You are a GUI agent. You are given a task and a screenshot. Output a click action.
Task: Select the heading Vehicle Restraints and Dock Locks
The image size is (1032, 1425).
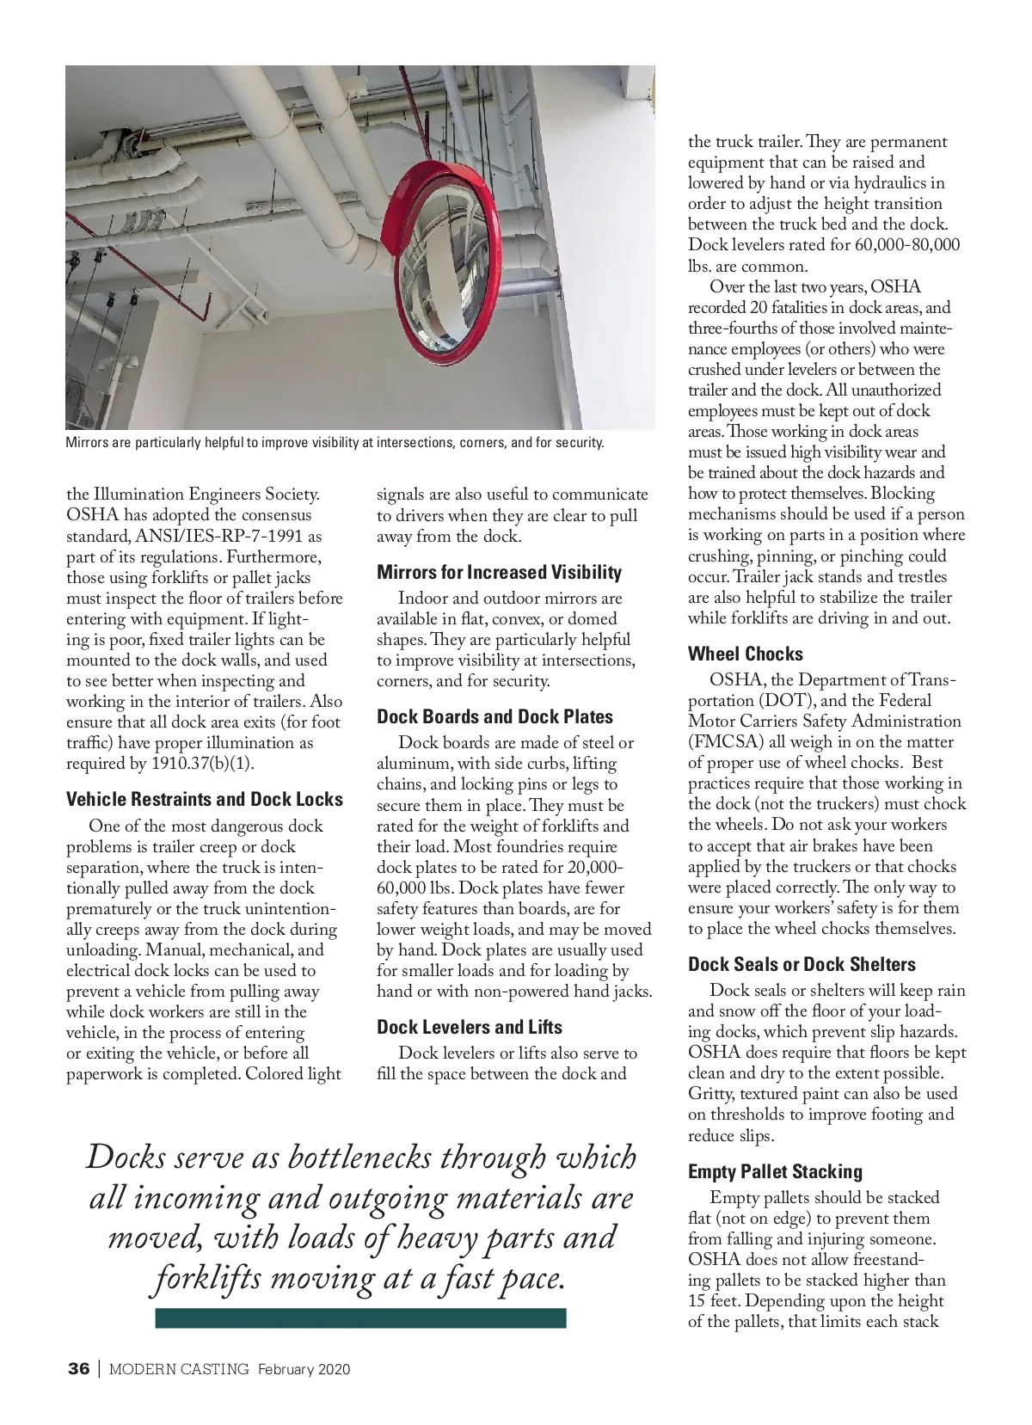click(204, 799)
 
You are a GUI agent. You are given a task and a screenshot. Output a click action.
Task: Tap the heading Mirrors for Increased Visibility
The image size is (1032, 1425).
click(499, 572)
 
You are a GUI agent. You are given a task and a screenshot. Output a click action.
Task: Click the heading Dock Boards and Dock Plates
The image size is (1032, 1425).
click(494, 716)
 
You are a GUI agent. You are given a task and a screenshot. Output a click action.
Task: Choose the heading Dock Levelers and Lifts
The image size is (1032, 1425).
click(469, 1027)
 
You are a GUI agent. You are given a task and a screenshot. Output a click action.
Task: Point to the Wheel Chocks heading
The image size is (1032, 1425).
click(745, 654)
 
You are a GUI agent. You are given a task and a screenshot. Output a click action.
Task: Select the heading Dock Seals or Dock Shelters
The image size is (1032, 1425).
click(802, 964)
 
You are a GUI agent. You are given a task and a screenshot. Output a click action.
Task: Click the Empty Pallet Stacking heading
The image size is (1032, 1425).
click(774, 1171)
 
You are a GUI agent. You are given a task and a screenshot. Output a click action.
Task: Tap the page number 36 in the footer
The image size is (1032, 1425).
click(78, 1369)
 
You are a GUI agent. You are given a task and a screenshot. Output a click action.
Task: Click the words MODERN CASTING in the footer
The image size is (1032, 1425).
click(179, 1369)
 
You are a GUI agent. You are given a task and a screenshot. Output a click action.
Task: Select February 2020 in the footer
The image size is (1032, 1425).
click(304, 1369)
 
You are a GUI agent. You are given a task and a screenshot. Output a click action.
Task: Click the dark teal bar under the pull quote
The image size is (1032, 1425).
click(360, 1318)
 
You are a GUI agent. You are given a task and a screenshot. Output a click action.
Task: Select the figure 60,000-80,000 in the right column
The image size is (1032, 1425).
click(907, 245)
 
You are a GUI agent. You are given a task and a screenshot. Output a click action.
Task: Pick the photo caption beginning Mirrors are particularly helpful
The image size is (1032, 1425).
click(335, 444)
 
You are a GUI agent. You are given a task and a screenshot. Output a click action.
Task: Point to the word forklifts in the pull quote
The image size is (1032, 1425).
click(206, 1279)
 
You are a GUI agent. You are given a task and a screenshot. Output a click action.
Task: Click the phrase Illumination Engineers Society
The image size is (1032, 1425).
click(206, 494)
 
